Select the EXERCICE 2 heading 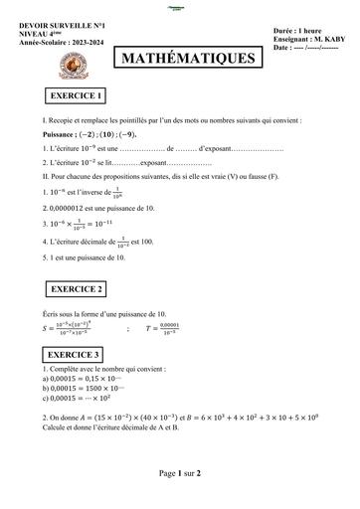(x=76, y=289)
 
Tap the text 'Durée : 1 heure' (x=298, y=31)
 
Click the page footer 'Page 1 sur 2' (x=180, y=473)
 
